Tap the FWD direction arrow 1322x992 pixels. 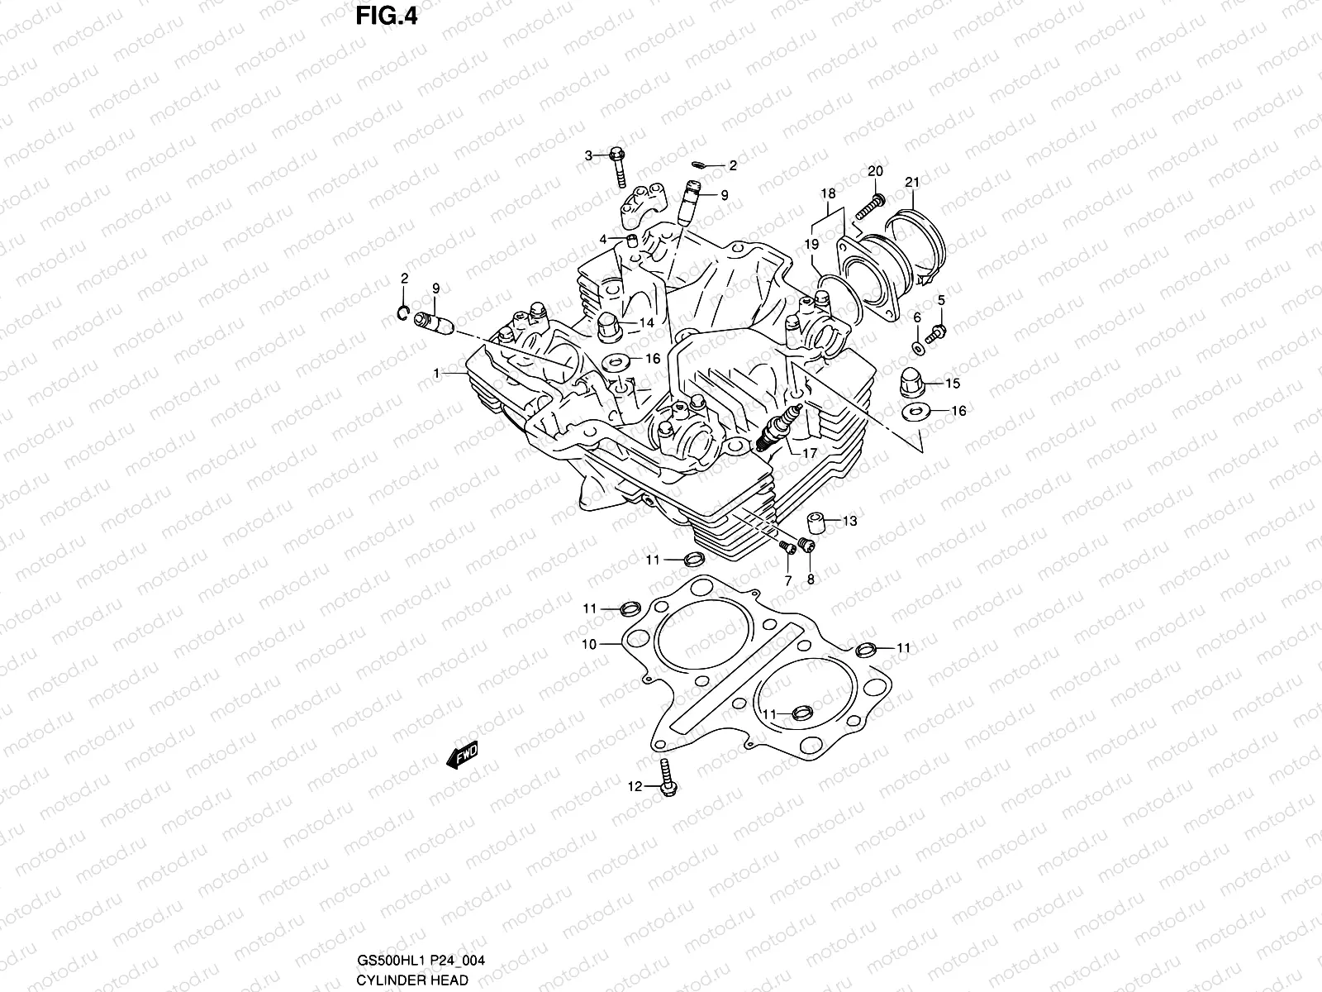click(462, 755)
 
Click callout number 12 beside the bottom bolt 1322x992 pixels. click(635, 787)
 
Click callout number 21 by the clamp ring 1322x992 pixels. click(911, 182)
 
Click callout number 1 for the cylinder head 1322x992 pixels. click(437, 374)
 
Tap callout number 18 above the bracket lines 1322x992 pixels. click(828, 193)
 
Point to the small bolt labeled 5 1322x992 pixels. click(934, 334)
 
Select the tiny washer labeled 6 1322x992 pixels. click(918, 345)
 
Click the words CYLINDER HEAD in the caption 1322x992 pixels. click(412, 980)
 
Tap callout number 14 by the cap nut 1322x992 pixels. click(646, 322)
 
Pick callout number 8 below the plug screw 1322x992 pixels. click(811, 579)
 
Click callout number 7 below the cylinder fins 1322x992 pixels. click(787, 581)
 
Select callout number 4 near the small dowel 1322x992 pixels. click(603, 239)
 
